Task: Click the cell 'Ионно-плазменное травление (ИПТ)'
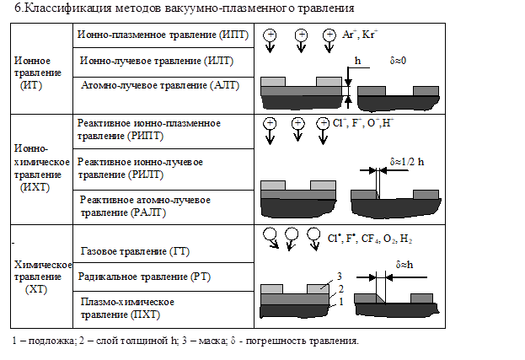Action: click(158, 36)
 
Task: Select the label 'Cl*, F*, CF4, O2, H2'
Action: click(371, 238)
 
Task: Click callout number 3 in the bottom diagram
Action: click(339, 277)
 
